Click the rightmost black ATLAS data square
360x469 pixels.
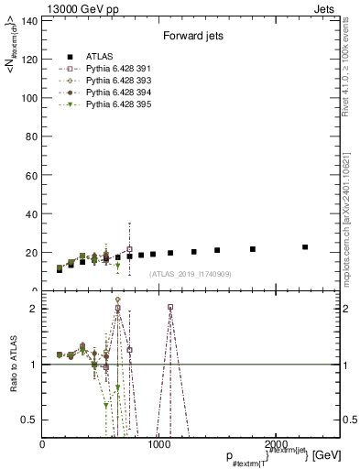pyautogui.click(x=305, y=246)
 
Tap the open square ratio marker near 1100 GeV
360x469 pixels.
pyautogui.click(x=170, y=308)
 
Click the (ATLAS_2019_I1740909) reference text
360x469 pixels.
pyautogui.click(x=191, y=274)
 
